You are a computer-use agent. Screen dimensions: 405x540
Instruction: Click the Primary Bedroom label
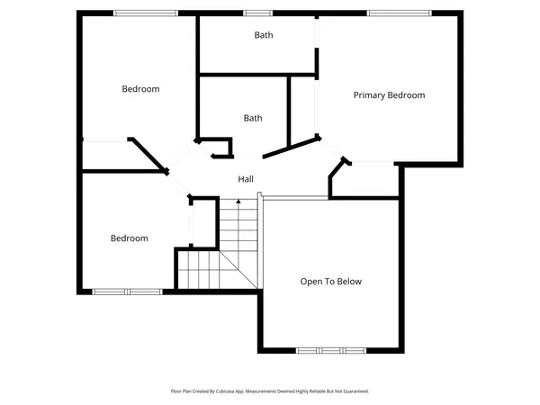click(x=389, y=95)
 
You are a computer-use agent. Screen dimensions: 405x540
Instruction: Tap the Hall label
click(x=246, y=180)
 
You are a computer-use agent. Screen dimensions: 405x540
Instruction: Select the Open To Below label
click(x=330, y=282)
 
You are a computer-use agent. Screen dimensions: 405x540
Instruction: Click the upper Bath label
click(x=263, y=36)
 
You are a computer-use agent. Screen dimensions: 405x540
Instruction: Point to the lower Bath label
click(x=253, y=118)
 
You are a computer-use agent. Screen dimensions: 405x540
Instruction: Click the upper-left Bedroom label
click(x=140, y=89)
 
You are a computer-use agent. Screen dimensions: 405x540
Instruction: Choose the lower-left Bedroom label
click(x=129, y=238)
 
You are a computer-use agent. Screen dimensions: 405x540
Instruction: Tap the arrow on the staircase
click(x=238, y=203)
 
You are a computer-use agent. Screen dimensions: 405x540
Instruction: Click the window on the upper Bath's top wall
click(x=258, y=13)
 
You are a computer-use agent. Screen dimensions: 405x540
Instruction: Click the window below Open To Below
click(x=331, y=350)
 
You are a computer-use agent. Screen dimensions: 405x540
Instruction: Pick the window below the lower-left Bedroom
click(x=127, y=291)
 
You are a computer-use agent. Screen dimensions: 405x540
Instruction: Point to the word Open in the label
click(x=310, y=282)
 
